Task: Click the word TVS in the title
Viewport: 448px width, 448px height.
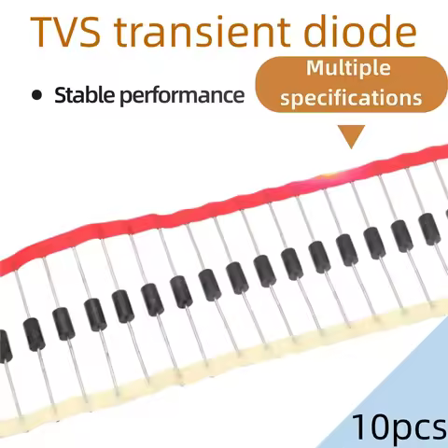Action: pos(65,32)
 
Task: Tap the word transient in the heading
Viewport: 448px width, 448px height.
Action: pos(203,31)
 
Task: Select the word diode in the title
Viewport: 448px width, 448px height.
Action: pos(360,31)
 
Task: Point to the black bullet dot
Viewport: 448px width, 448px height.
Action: pos(36,95)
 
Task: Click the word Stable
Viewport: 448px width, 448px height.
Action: pos(85,94)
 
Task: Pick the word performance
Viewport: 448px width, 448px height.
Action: pos(182,96)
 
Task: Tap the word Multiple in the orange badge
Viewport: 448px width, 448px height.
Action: pos(348,69)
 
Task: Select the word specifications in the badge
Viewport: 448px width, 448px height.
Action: pos(351,98)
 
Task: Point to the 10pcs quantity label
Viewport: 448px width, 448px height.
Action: pos(399,427)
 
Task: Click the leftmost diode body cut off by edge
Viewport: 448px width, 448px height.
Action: pos(5,346)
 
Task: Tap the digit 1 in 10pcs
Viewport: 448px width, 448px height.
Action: pos(359,426)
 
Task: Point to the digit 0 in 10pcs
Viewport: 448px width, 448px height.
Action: pos(379,426)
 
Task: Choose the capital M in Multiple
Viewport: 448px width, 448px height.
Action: pos(316,67)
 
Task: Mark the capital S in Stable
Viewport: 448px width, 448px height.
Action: pos(61,95)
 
